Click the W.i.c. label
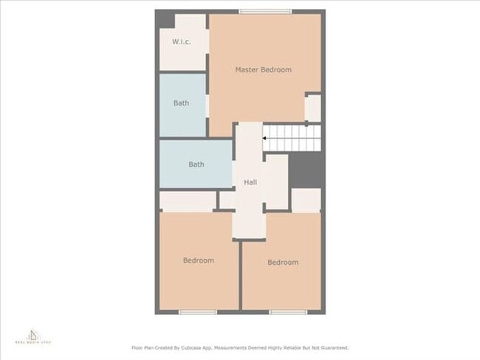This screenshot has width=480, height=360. point(182,41)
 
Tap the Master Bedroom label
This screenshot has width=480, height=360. point(263,69)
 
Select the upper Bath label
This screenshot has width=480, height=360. point(182,103)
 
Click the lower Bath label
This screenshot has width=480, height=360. point(196,165)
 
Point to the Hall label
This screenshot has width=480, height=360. point(250,182)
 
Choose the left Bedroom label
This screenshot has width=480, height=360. point(199,260)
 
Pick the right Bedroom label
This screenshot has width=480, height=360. point(283,263)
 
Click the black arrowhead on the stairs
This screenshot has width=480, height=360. point(265,137)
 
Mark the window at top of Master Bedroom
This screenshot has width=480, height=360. point(265,11)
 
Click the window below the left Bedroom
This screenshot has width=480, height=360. point(198,312)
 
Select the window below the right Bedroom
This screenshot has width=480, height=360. point(288,312)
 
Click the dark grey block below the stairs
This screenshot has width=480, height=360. point(304,170)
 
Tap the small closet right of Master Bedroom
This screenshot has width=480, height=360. point(313,108)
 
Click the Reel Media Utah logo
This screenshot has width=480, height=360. point(33,337)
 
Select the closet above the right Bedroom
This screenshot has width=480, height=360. point(306,200)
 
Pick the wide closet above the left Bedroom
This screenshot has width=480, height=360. point(188,201)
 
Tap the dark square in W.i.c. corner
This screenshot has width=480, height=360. point(167,20)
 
